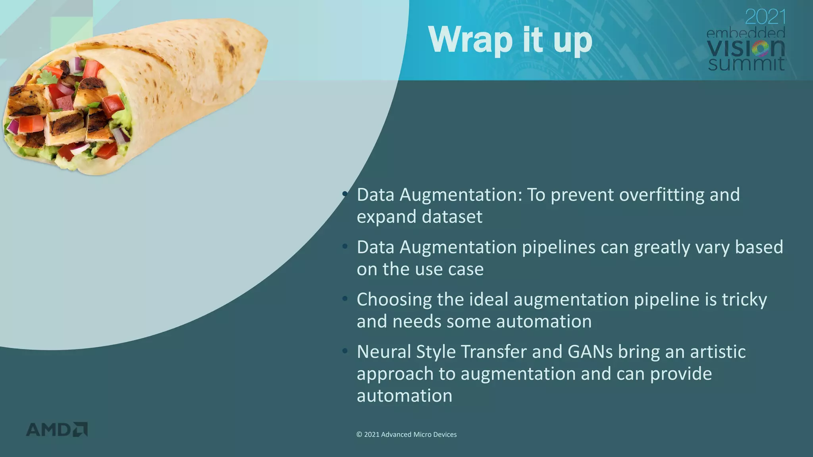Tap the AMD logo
[57, 430]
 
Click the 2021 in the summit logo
[765, 17]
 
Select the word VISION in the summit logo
[746, 48]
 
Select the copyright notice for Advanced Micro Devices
[406, 434]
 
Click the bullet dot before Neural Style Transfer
[345, 351]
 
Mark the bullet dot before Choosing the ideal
[345, 298]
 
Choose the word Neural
[383, 351]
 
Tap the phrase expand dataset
[419, 217]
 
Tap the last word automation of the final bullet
[404, 396]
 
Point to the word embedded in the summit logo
[746, 33]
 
